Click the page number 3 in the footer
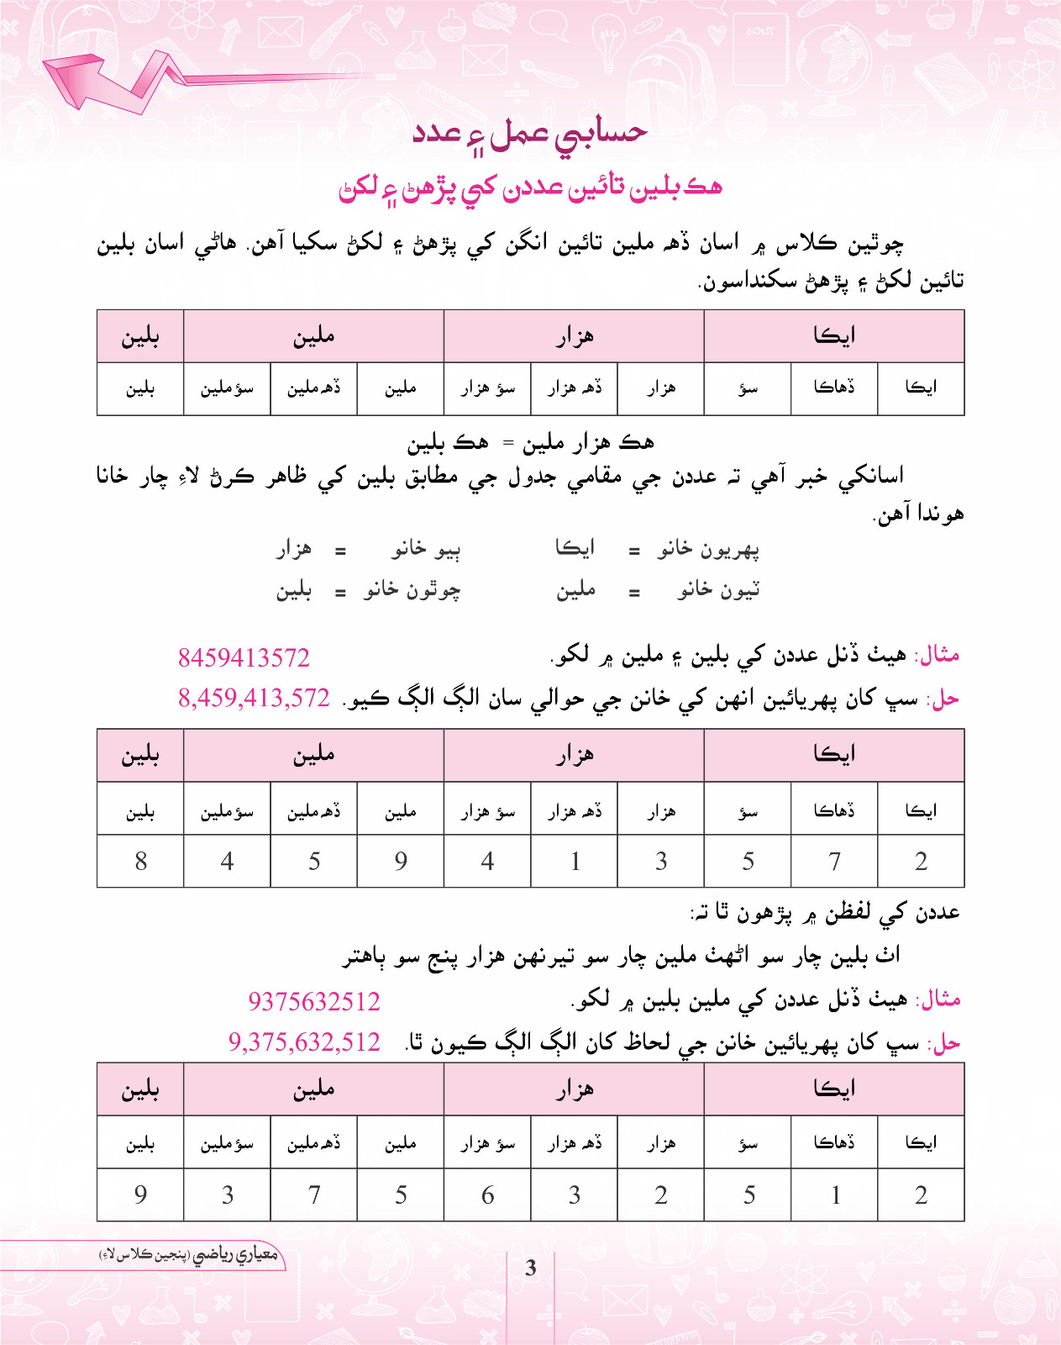coord(530,1268)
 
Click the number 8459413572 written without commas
coord(244,657)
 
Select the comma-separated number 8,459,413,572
coord(254,698)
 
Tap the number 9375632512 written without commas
coord(314,1001)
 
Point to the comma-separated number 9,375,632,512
coord(304,1042)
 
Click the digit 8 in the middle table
coord(140,861)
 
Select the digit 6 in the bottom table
coord(487,1195)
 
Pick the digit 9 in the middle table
coord(401,861)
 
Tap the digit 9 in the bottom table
coord(140,1195)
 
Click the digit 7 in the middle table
coord(834,861)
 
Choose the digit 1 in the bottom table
coord(835,1195)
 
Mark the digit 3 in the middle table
coord(661,861)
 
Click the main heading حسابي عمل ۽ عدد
coord(530,134)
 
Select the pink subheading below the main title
coord(530,187)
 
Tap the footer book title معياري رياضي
coord(189,1255)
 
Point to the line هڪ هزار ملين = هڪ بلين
coord(530,442)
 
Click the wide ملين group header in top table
coord(313,336)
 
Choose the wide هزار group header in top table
coord(574,336)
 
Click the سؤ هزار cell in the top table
coord(487,388)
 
